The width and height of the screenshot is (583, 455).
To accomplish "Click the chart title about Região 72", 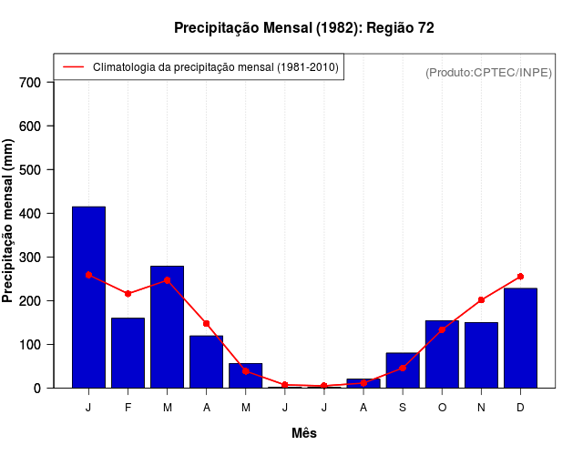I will (303, 28).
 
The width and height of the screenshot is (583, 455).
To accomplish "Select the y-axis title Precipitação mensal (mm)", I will (9, 221).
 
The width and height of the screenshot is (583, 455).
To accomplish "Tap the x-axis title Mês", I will (304, 433).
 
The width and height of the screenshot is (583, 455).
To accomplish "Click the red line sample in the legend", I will (73, 67).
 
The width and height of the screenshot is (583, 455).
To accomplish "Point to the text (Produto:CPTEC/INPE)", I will (488, 72).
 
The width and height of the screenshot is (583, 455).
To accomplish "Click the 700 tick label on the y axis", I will (30, 83).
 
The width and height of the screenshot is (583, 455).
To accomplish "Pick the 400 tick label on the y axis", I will (30, 214).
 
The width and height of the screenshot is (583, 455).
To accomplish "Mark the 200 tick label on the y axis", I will (30, 301).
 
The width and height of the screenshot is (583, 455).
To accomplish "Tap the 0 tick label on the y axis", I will (37, 389).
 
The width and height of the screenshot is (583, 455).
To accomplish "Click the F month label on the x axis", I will (128, 408).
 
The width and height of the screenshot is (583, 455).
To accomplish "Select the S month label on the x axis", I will (402, 408).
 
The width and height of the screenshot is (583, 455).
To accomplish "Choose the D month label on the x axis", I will (520, 408).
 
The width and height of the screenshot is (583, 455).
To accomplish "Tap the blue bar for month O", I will (442, 355).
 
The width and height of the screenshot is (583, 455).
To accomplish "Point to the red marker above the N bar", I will (481, 300).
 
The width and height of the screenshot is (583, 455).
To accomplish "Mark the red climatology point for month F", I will (128, 294).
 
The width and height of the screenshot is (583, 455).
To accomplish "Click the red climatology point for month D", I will (520, 276).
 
